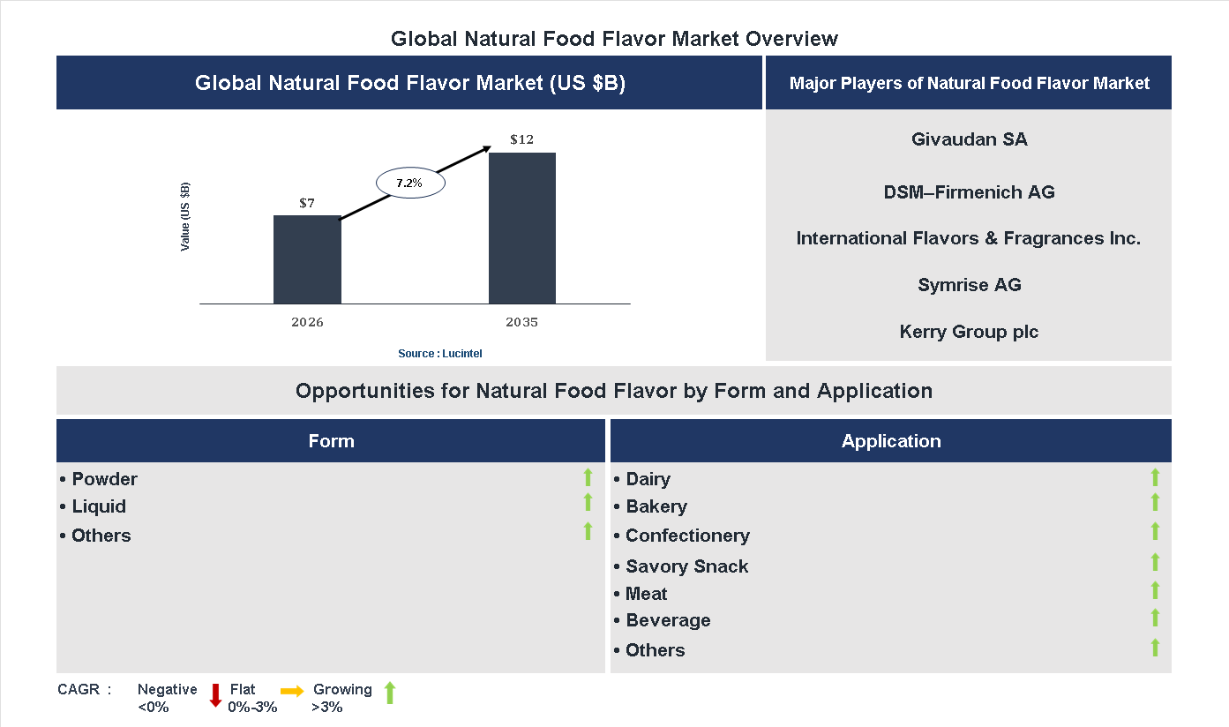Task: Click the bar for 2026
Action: tap(307, 259)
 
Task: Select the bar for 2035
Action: tap(522, 229)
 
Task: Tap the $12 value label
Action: tap(522, 139)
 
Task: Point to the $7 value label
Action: tap(307, 203)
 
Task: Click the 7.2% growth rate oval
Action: tap(410, 184)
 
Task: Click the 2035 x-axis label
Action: tap(522, 322)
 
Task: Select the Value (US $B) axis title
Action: tap(185, 217)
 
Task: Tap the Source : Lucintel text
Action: tap(440, 353)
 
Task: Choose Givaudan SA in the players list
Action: tap(969, 139)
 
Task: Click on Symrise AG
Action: tap(969, 285)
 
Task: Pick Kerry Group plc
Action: tap(969, 332)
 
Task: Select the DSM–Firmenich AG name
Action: tap(969, 192)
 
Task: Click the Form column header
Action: tap(331, 441)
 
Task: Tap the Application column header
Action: tap(890, 441)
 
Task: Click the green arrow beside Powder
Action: tap(588, 477)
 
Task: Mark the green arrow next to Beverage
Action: tap(1155, 618)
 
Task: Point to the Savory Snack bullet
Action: tap(686, 566)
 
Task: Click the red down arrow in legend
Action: tap(215, 695)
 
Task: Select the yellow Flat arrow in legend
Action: tap(292, 692)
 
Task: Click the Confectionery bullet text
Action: tap(687, 536)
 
